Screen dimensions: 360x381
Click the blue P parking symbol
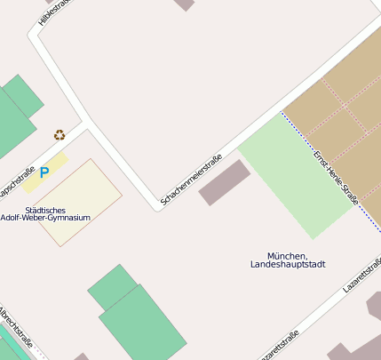[x=44, y=172]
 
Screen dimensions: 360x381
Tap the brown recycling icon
[x=60, y=135]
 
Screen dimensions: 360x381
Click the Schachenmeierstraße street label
[x=190, y=182]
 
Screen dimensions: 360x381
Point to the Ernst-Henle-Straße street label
[x=336, y=178]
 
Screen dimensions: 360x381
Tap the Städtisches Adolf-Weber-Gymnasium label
[x=58, y=213]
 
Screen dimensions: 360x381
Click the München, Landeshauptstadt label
[x=288, y=260]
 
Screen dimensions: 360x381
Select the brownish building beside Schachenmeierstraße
[x=224, y=182]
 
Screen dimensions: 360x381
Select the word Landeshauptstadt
[x=288, y=265]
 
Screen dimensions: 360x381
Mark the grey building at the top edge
[x=184, y=4]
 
